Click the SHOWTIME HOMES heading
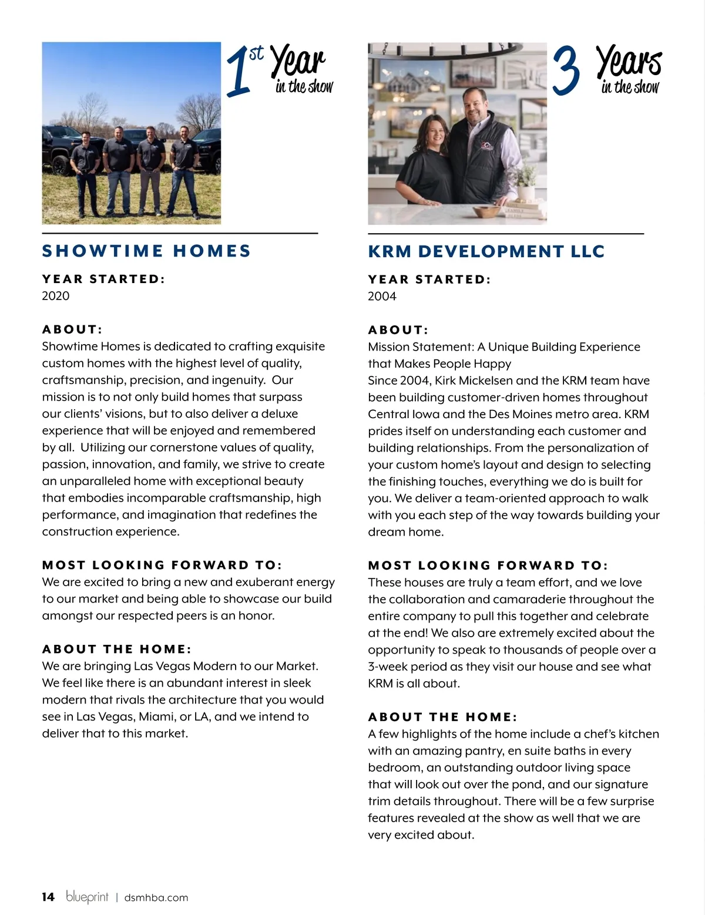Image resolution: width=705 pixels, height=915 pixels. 146,251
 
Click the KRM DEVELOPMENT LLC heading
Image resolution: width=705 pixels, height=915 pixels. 486,251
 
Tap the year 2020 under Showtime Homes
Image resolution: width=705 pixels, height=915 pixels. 55,295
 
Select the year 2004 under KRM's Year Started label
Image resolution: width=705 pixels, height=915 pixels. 382,296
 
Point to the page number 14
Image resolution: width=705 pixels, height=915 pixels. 48,897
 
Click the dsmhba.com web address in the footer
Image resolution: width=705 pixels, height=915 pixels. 156,897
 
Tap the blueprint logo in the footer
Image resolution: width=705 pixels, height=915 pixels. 87,896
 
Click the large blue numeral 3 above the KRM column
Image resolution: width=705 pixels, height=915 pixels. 566,71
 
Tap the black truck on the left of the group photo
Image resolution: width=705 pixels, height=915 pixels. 59,150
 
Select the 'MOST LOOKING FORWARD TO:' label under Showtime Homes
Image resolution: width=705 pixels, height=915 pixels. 162,565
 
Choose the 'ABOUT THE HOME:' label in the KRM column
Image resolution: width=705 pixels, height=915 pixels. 442,716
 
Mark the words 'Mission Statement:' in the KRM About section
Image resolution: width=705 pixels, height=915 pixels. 421,347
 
